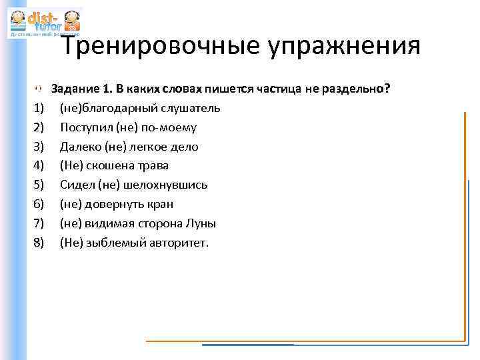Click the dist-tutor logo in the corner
coord(44,23)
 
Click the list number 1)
coord(38,108)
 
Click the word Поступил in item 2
coord(82,127)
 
